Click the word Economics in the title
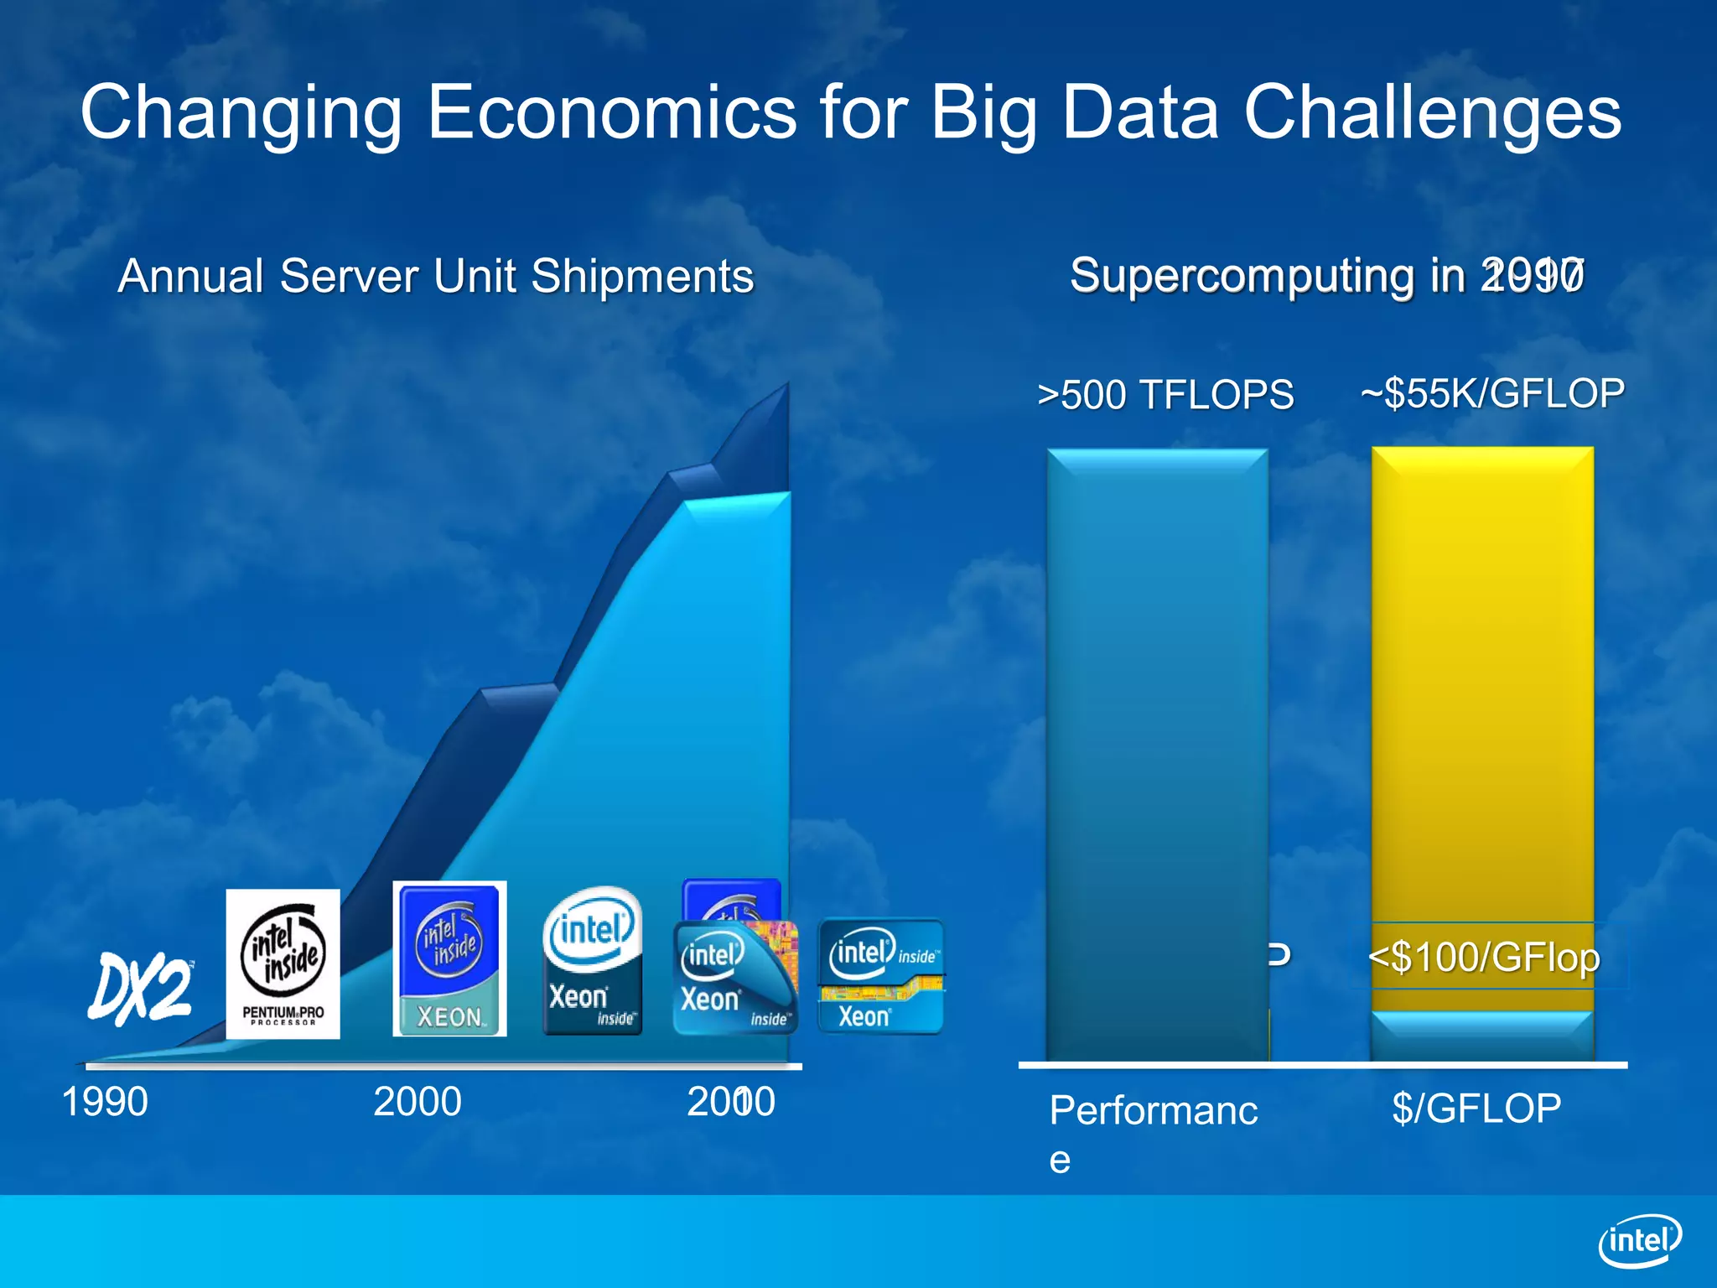point(612,112)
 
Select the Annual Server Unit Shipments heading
point(436,276)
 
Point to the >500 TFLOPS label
point(1165,395)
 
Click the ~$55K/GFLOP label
point(1492,393)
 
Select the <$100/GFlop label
point(1484,957)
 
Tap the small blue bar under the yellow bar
point(1481,1036)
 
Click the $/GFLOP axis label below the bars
point(1476,1108)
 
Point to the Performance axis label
point(1153,1112)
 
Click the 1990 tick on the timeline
point(105,1102)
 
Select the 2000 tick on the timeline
point(417,1102)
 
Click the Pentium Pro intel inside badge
point(283,964)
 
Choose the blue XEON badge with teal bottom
point(449,958)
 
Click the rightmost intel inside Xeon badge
point(880,977)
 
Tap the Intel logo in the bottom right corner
point(1640,1240)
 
